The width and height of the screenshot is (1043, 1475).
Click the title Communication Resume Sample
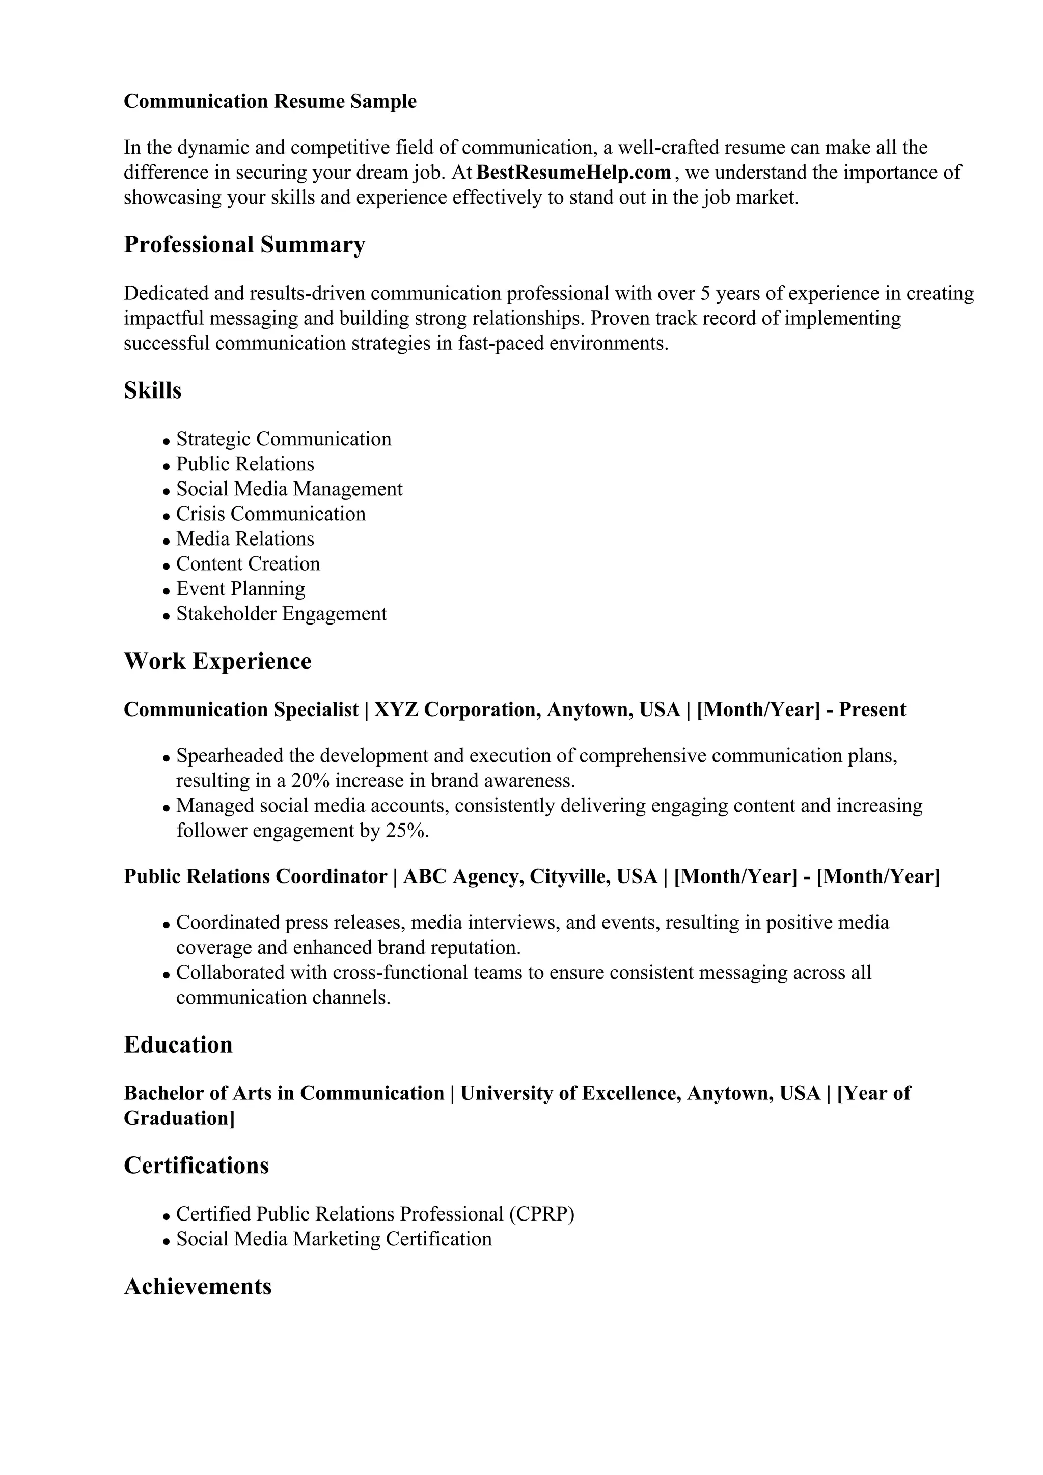tap(270, 101)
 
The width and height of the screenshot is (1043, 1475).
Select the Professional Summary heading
tap(244, 245)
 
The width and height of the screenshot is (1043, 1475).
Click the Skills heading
tap(152, 390)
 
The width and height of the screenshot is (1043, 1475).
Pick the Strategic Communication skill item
tap(283, 439)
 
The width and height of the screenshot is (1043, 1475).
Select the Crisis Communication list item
tap(270, 514)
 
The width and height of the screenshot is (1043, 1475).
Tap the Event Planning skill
tap(240, 589)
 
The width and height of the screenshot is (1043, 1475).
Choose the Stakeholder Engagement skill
tap(282, 614)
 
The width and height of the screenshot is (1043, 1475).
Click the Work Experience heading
tap(217, 661)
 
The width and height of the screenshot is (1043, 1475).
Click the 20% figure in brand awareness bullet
tap(310, 781)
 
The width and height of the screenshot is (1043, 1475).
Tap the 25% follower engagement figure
tap(406, 831)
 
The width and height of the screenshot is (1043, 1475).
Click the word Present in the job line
tap(872, 710)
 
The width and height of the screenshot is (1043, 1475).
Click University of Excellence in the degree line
tap(569, 1093)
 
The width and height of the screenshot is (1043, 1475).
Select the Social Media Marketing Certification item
tap(334, 1239)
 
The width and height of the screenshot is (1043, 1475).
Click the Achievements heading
tap(197, 1287)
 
